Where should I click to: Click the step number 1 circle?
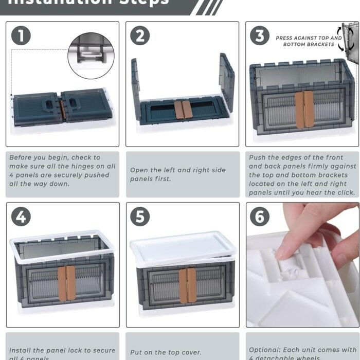pyautogui.click(x=21, y=35)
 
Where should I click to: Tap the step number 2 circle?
pyautogui.click(x=140, y=35)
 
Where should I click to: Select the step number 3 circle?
pyautogui.click(x=260, y=35)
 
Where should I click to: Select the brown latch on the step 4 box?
pyautogui.click(x=66, y=282)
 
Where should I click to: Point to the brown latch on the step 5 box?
pyautogui.click(x=187, y=285)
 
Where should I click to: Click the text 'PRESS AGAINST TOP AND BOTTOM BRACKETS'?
pyautogui.click(x=308, y=41)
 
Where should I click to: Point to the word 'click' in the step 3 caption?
pyautogui.click(x=343, y=193)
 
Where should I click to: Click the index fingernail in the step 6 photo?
pyautogui.click(x=284, y=251)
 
